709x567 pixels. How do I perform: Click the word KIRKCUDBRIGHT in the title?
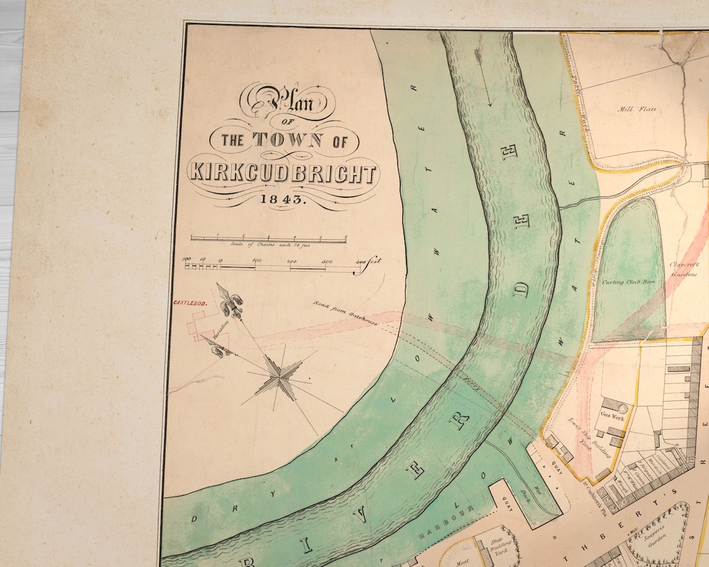tap(284, 173)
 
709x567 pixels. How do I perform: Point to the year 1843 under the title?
tap(284, 200)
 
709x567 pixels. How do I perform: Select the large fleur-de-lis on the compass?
tap(231, 302)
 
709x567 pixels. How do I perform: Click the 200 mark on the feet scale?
tap(292, 262)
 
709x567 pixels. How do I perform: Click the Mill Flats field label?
tap(636, 109)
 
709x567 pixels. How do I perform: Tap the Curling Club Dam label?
tap(628, 282)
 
